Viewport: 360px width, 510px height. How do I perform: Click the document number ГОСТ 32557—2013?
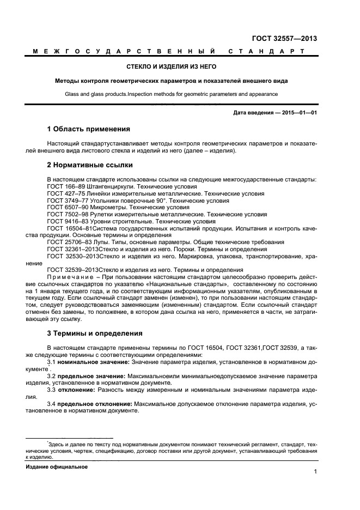pos(284,39)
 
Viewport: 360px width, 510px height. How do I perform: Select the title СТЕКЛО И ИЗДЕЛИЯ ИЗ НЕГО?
pos(171,66)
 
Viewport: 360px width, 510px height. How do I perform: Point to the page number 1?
pos(315,472)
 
